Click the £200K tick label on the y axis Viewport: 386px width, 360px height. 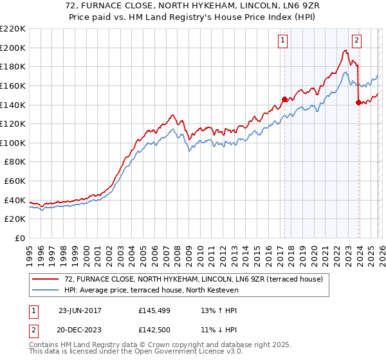pos(13,48)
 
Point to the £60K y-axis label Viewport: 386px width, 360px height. pos(15,181)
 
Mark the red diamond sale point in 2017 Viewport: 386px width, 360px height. pos(284,100)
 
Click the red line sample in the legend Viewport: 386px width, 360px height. pos(46,280)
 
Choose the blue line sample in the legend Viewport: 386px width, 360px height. pos(46,291)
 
